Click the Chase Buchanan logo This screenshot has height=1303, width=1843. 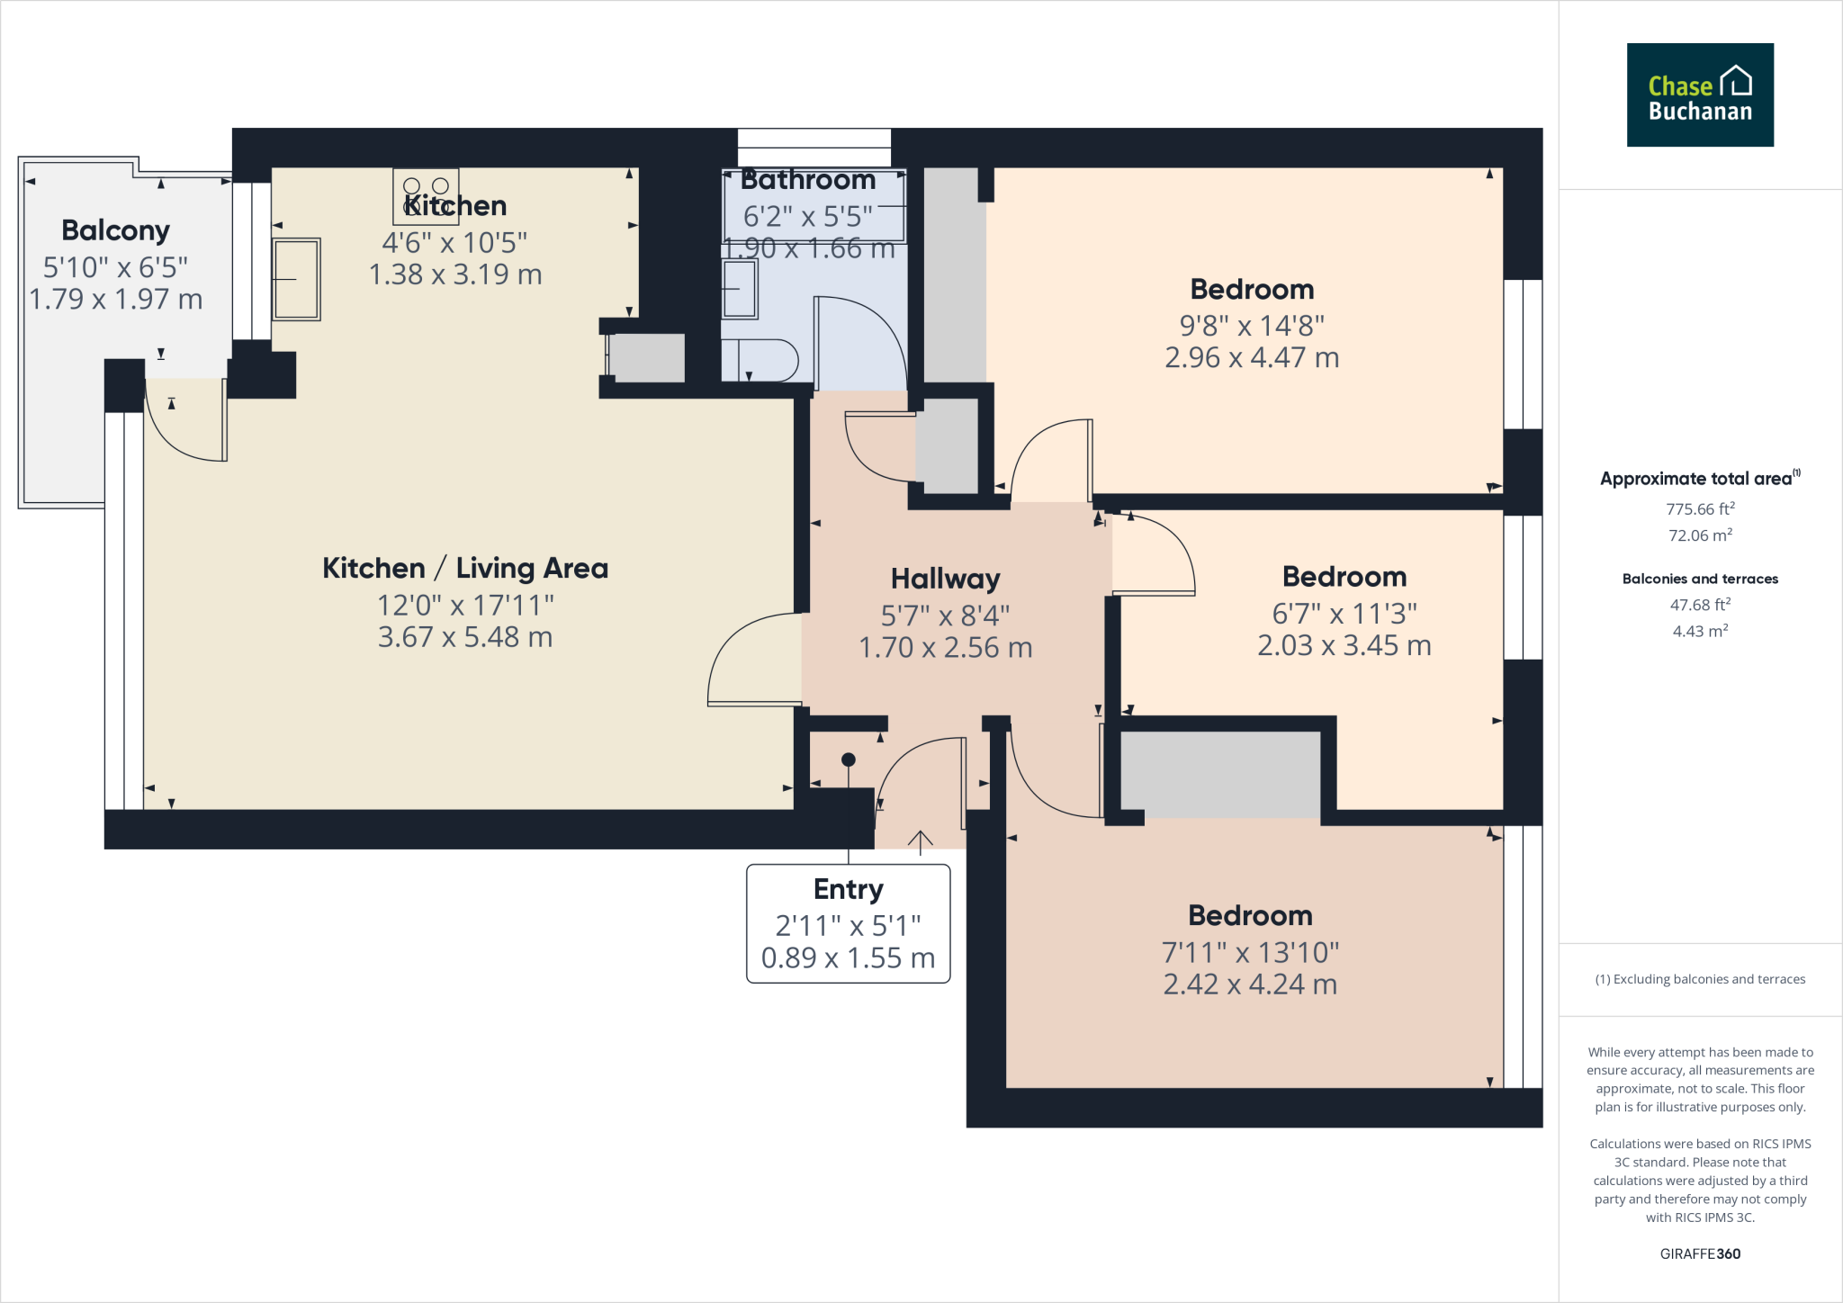click(1699, 94)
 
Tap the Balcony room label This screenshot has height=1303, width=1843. click(115, 230)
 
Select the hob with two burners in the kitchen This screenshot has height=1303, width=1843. click(426, 195)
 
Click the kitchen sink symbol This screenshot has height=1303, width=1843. click(296, 279)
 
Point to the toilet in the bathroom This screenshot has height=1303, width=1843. click(761, 360)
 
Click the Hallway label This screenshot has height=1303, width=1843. click(945, 579)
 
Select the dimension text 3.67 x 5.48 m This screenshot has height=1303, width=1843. click(464, 637)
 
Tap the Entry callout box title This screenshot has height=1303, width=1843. click(848, 889)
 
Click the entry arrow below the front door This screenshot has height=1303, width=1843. click(920, 842)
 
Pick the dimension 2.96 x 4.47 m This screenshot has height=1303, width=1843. click(1251, 358)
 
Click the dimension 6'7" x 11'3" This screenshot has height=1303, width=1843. click(1344, 614)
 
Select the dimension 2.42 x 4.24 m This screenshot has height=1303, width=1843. click(1250, 984)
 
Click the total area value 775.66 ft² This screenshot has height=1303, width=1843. click(1699, 509)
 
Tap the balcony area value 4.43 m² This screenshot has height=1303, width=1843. click(1699, 632)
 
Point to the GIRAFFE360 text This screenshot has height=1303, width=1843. click(1699, 1254)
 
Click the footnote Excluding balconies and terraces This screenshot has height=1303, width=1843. click(1699, 979)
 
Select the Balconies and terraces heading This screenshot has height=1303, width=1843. click(1699, 579)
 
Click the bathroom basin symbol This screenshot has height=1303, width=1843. click(740, 288)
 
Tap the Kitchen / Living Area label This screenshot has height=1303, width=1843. click(464, 569)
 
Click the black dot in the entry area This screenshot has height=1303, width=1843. click(848, 759)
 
